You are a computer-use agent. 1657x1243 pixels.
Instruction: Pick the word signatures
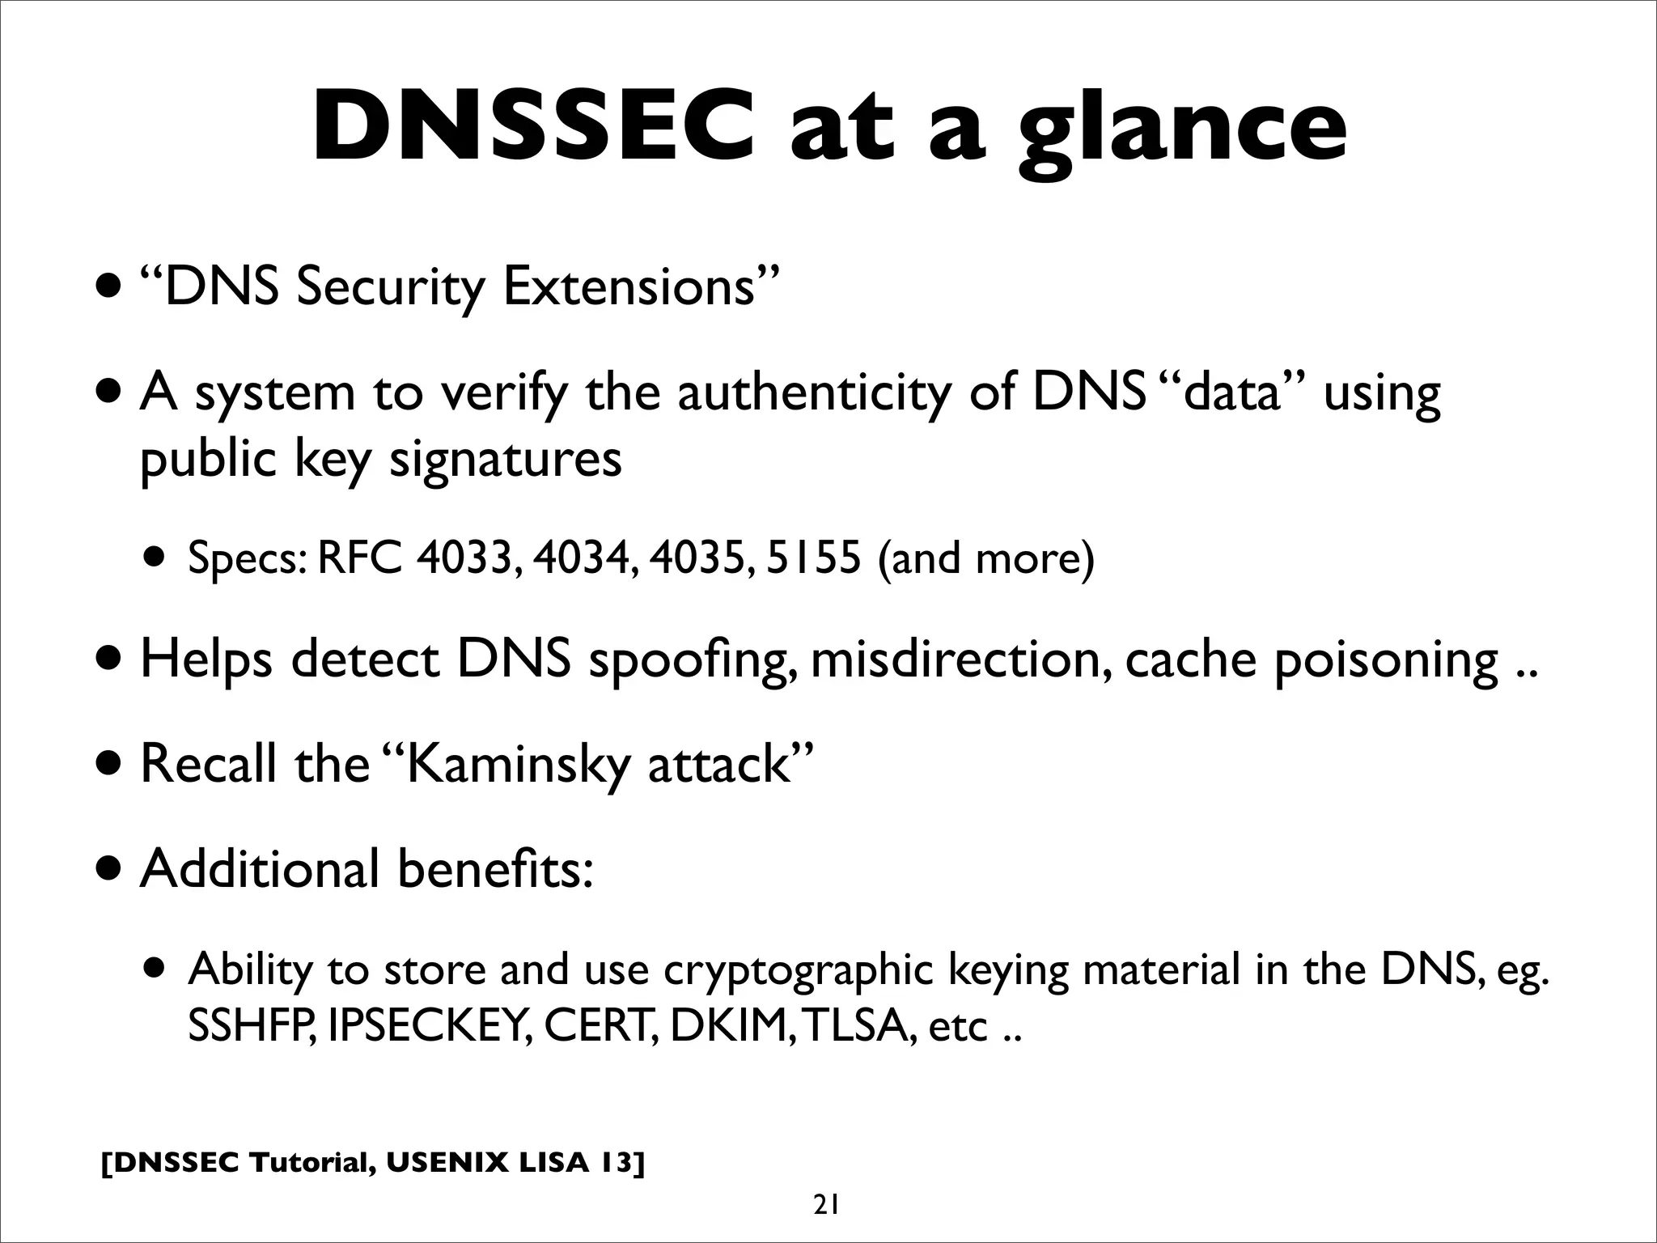click(506, 460)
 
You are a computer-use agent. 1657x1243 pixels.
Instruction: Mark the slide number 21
click(826, 1206)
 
